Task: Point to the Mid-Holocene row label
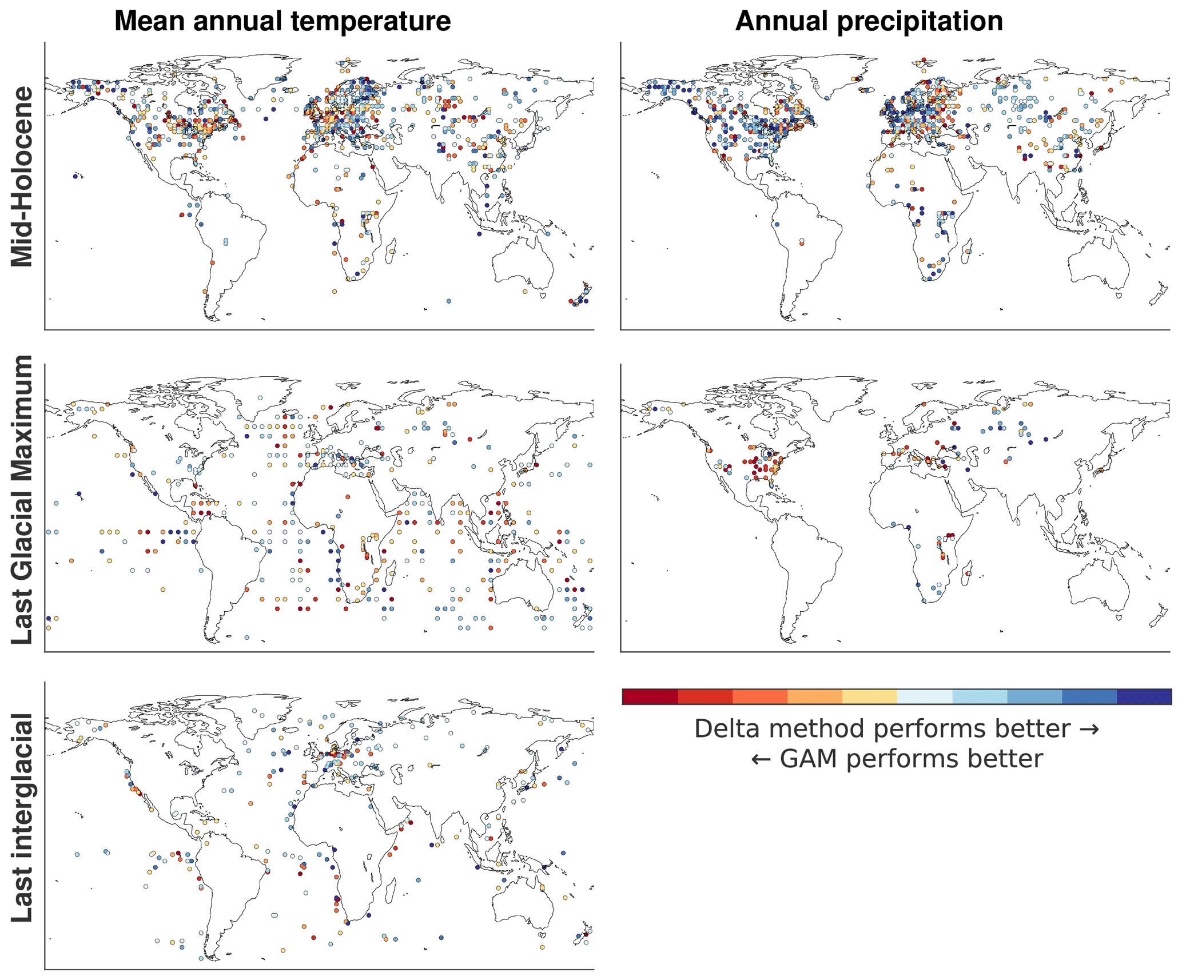click(22, 177)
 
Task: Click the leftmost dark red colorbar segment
click(649, 696)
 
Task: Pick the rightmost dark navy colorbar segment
click(1143, 696)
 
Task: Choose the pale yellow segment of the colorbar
click(869, 696)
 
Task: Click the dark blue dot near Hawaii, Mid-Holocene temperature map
click(75, 177)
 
